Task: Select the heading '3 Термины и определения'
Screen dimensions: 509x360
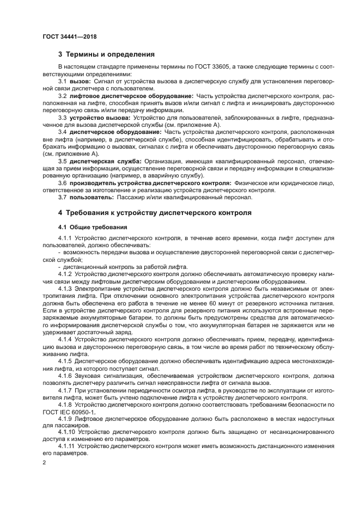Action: (106, 54)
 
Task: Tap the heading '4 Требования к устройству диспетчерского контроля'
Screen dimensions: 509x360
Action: (155, 213)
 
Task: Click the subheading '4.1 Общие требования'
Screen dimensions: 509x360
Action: (93, 226)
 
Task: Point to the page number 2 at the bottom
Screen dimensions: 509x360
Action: (45, 463)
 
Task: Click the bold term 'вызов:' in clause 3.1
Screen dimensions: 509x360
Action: (81, 81)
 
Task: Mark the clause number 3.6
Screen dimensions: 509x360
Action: (63, 184)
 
